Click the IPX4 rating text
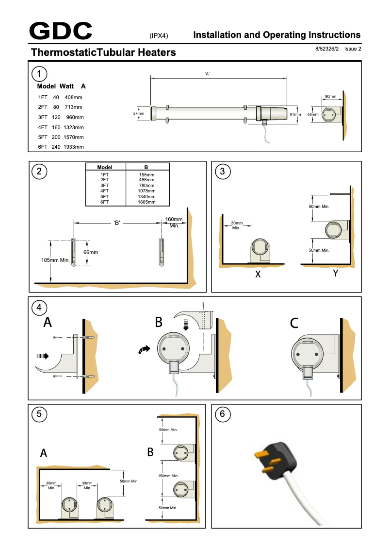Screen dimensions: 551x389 coord(159,35)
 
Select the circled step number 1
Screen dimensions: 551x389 coord(39,73)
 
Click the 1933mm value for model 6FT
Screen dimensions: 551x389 coord(74,147)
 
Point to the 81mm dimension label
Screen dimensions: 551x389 coord(295,114)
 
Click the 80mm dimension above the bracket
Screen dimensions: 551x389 coord(330,97)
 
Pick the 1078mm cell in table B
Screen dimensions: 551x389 coord(146,191)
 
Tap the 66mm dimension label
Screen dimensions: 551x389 coord(91,252)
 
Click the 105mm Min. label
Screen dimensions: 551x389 coord(56,260)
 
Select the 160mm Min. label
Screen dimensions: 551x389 coord(174,223)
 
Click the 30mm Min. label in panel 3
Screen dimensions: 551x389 coord(237,225)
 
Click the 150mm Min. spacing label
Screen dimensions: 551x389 coord(168,476)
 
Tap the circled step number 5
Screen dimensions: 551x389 coord(39,414)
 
